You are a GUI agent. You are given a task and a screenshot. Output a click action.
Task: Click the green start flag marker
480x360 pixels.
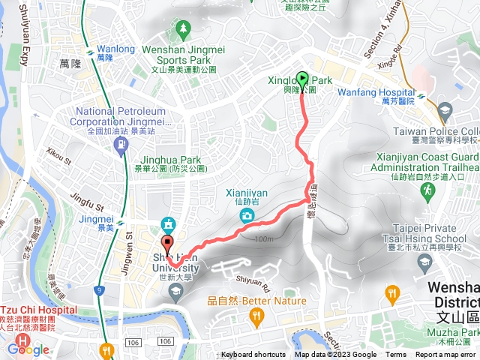click(302, 78)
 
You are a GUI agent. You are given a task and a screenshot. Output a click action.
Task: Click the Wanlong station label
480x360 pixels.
click(116, 49)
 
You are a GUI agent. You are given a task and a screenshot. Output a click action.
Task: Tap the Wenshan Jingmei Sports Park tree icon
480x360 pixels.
click(184, 31)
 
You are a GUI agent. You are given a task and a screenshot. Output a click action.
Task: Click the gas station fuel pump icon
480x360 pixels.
click(121, 146)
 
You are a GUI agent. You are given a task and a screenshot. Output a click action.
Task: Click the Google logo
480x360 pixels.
click(28, 349)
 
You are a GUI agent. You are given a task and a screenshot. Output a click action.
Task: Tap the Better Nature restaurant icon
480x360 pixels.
click(256, 317)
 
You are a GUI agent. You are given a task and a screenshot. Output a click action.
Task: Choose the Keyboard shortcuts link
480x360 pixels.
click(253, 355)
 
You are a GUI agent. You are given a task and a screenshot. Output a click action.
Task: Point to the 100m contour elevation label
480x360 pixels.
click(265, 239)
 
